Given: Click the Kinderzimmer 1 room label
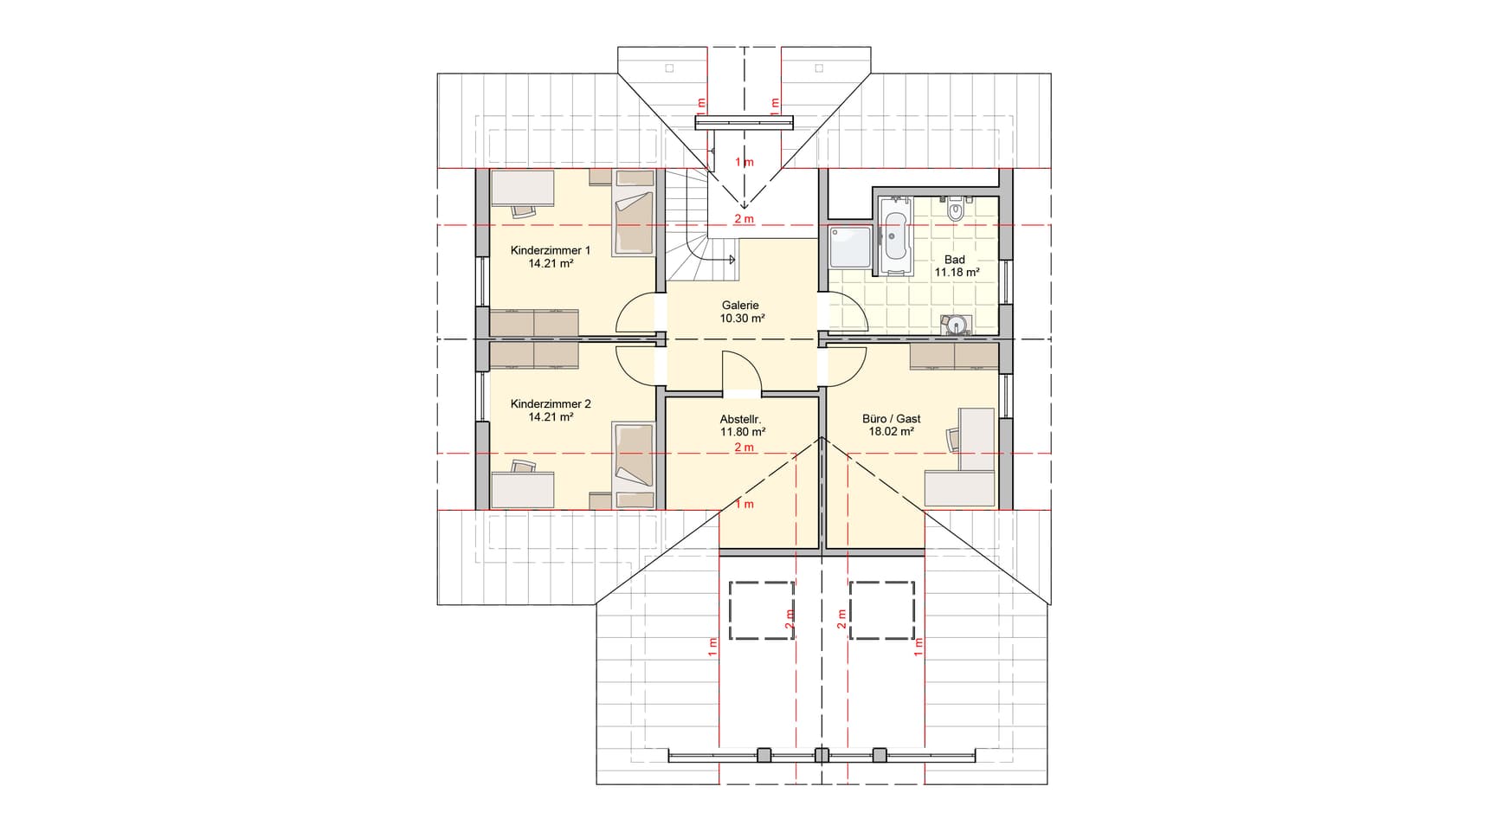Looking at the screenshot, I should coord(550,250).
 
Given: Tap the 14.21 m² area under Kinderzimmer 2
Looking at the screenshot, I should coord(551,416).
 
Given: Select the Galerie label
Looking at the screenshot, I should coord(740,305).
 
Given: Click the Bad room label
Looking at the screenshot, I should coord(955,259).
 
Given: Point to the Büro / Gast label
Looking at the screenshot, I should coord(891,418).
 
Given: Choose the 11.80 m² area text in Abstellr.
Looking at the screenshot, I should coord(743,430).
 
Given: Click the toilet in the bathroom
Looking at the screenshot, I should coord(956,210).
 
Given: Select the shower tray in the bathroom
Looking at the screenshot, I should coord(851,247).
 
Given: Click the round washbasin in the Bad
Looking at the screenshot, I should coord(957,325).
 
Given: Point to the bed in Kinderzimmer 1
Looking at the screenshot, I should coord(634,223).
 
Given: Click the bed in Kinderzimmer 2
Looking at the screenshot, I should coord(634,454).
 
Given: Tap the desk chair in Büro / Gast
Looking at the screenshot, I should coord(954,439).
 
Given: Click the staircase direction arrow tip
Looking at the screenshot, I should coord(734,259).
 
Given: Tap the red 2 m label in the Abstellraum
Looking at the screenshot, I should coord(744,448).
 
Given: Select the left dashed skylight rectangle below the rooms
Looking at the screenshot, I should coord(762,610).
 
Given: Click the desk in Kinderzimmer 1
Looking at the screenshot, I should coord(522,188).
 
